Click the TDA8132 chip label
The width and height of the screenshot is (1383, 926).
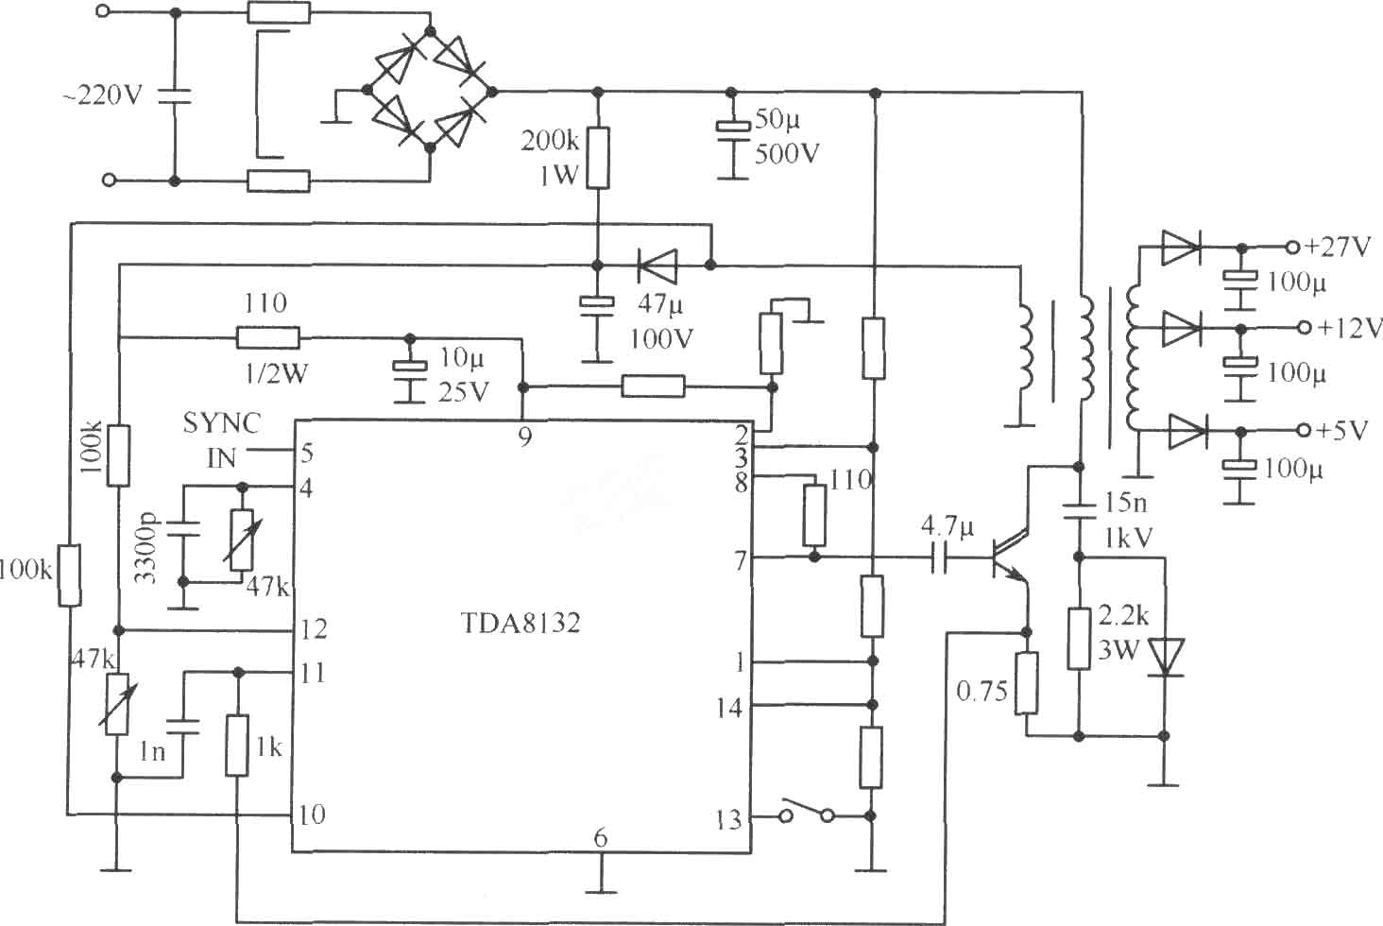tap(521, 624)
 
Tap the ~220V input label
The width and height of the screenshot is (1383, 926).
tap(103, 95)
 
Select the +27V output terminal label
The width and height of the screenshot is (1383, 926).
tap(1338, 247)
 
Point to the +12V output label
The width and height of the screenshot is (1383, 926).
tap(1350, 327)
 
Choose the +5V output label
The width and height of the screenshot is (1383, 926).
tap(1342, 430)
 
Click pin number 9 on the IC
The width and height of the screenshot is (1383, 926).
tap(525, 437)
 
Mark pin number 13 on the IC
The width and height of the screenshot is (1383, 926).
tap(728, 820)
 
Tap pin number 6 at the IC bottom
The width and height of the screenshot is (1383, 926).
tap(600, 838)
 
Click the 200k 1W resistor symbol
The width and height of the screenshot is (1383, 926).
tap(598, 158)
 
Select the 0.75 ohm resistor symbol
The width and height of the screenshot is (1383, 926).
tap(1026, 682)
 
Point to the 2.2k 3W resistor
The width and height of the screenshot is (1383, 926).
tap(1079, 638)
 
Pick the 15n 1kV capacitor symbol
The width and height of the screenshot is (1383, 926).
tap(1079, 512)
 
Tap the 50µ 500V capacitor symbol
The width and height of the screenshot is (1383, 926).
tap(732, 133)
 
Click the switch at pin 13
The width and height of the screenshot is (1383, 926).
tap(807, 812)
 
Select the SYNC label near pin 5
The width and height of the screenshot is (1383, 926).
tap(221, 423)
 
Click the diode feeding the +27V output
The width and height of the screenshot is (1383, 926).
tap(1181, 248)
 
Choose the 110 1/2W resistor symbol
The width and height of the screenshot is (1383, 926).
tap(268, 338)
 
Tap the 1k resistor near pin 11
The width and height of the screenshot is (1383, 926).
tap(236, 745)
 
